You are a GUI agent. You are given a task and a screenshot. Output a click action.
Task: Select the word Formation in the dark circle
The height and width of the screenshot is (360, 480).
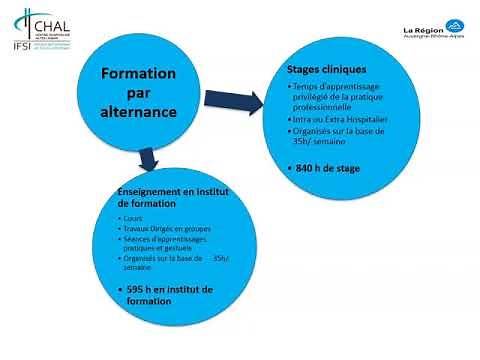click(x=139, y=74)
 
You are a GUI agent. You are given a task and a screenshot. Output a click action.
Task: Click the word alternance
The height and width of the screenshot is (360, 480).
click(x=139, y=113)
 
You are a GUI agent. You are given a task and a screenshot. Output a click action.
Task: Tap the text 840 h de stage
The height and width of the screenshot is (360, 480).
click(x=330, y=170)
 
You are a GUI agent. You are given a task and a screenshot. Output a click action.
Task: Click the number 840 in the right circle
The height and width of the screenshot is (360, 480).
click(x=307, y=170)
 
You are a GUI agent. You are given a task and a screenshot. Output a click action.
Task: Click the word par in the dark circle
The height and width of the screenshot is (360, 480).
click(x=139, y=93)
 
